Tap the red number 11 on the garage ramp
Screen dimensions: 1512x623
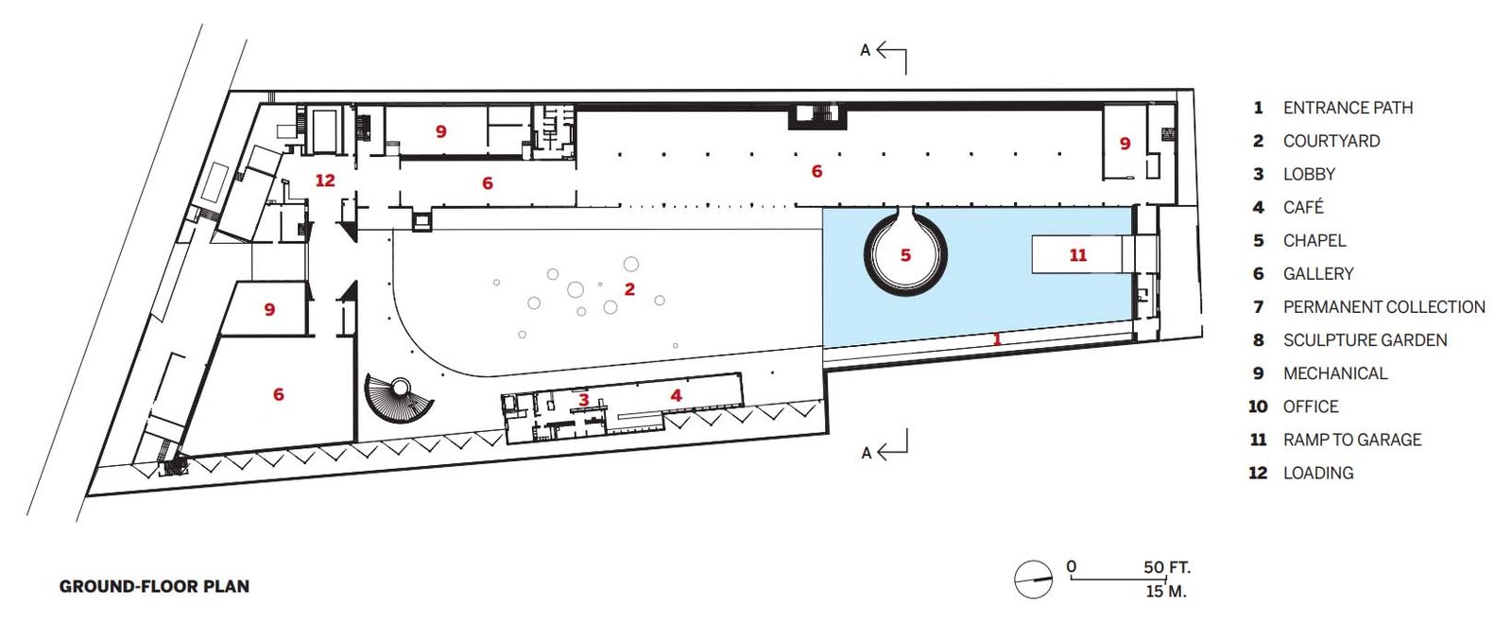click(1078, 255)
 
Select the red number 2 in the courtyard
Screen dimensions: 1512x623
click(629, 289)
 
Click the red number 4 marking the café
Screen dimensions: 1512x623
click(677, 395)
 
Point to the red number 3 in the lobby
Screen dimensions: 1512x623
click(584, 400)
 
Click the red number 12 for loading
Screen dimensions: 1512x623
click(325, 181)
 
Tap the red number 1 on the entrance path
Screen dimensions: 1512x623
click(997, 338)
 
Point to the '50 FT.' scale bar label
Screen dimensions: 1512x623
click(1167, 567)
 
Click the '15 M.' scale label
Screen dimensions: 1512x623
click(1166, 591)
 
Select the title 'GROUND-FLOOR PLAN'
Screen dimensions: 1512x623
click(155, 586)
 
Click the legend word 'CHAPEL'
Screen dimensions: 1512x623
click(1314, 240)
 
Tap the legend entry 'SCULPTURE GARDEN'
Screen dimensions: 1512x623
click(1366, 340)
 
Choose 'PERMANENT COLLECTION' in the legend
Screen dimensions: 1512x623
click(1384, 307)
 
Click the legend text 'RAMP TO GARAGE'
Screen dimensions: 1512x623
click(1352, 441)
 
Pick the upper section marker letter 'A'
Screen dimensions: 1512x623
click(866, 50)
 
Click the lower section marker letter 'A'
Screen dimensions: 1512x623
click(867, 453)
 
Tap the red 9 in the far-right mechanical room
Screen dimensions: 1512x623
click(1125, 143)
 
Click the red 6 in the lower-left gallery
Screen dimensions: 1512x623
click(278, 394)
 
